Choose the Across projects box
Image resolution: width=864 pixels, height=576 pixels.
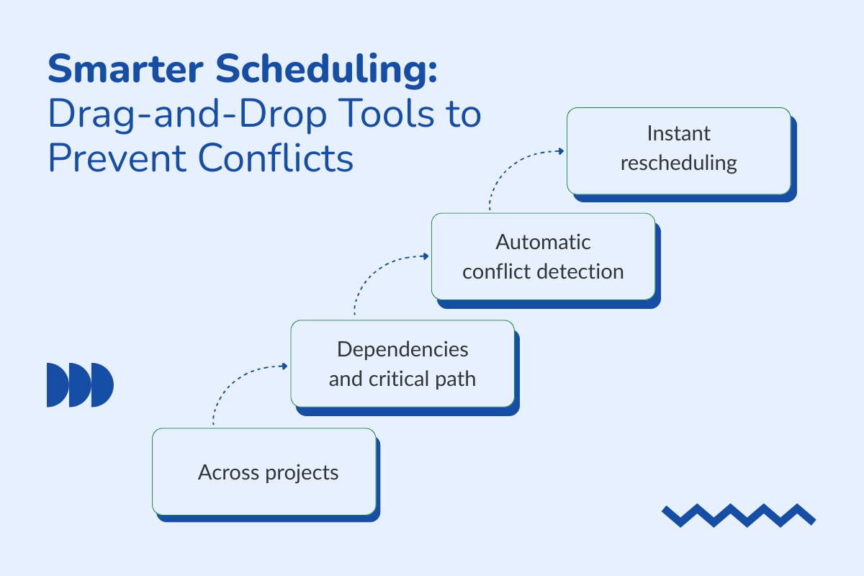pyautogui.click(x=264, y=472)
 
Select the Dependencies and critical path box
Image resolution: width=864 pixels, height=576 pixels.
pyautogui.click(x=402, y=364)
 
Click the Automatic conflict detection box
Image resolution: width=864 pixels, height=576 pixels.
pyautogui.click(x=543, y=256)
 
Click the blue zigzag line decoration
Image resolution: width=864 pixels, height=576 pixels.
pyautogui.click(x=738, y=515)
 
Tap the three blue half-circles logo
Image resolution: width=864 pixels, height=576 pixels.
pyautogui.click(x=80, y=385)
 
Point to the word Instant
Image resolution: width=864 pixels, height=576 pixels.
pyautogui.click(x=678, y=134)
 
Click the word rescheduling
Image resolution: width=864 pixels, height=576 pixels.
pyautogui.click(x=678, y=163)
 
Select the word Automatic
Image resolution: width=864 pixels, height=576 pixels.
pyautogui.click(x=543, y=241)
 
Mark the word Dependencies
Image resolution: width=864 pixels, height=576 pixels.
pyautogui.click(x=402, y=349)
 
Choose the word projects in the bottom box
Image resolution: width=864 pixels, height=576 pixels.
pyautogui.click(x=302, y=473)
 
